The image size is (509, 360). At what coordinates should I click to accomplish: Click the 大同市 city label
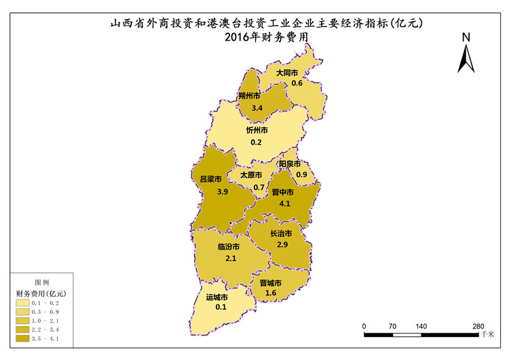[x=288, y=73]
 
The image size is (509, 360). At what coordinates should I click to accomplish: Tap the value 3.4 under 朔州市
[x=257, y=108]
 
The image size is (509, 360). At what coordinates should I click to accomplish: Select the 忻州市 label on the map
[x=257, y=130]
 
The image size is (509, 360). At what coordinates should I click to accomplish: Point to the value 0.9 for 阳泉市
[x=301, y=175]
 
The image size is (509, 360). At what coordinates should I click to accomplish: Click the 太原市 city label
[x=252, y=175]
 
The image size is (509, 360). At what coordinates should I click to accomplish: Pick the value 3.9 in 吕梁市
[x=223, y=192]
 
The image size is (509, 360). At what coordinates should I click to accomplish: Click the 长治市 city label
[x=281, y=234]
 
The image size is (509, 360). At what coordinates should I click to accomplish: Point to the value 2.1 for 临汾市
[x=231, y=258]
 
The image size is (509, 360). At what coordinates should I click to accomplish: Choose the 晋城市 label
[x=271, y=283]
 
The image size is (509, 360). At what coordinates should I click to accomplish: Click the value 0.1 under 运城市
[x=221, y=308]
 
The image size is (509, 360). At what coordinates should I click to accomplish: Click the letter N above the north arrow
[x=466, y=37]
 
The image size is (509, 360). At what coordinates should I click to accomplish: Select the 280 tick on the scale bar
[x=478, y=326]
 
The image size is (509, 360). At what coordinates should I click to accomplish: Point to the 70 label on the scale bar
[x=392, y=326]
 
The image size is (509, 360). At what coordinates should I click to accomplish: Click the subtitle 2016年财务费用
[x=262, y=37]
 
